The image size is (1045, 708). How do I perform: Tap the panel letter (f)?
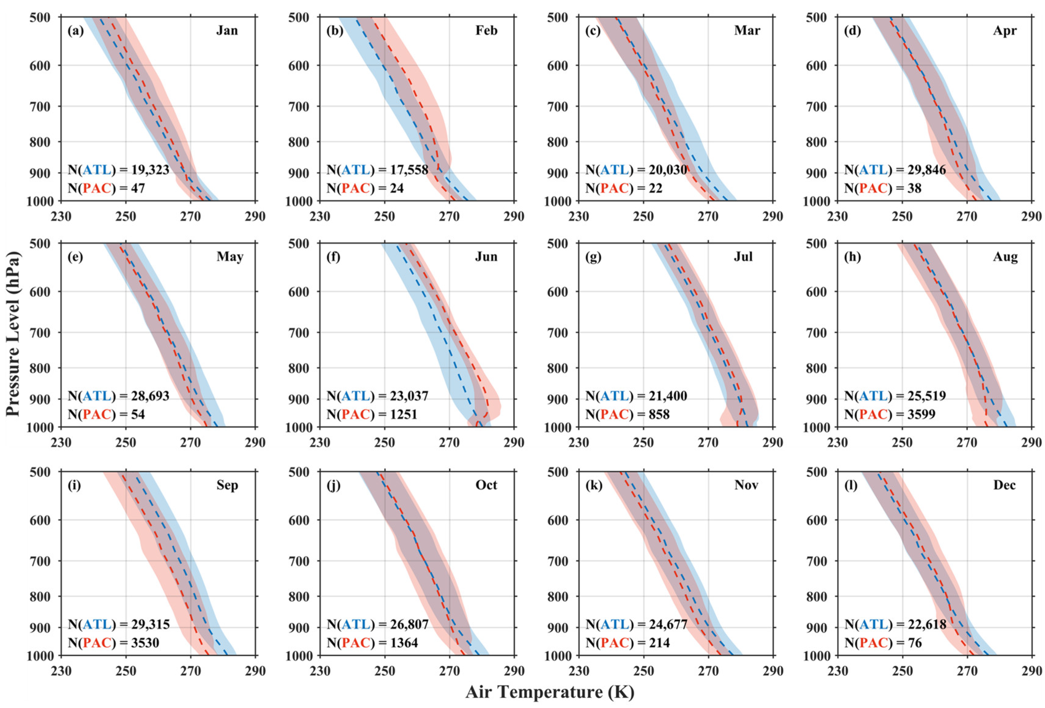pyautogui.click(x=333, y=257)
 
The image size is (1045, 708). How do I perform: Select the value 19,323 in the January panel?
pyautogui.click(x=150, y=170)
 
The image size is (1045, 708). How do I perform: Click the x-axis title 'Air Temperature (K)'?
pyautogui.click(x=550, y=692)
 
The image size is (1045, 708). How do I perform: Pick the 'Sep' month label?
pyautogui.click(x=227, y=485)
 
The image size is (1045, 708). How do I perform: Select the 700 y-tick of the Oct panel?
pyautogui.click(x=299, y=561)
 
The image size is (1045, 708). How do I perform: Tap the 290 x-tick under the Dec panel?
pyautogui.click(x=1031, y=671)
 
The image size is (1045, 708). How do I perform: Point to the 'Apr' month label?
pyautogui.click(x=1005, y=30)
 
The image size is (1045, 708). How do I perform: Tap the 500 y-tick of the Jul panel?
pyautogui.click(x=558, y=244)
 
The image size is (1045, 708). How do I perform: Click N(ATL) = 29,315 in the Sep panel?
pyautogui.click(x=119, y=624)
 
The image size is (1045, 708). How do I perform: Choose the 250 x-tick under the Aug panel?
pyautogui.click(x=902, y=442)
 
